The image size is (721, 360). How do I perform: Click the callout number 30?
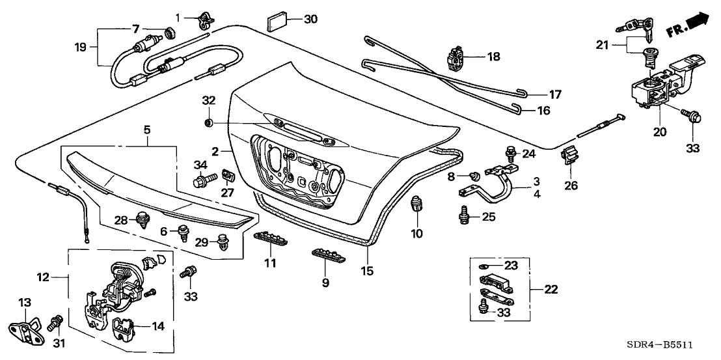click(x=310, y=19)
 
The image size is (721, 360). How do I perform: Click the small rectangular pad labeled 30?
click(x=277, y=21)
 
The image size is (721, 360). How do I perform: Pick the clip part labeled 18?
click(x=457, y=57)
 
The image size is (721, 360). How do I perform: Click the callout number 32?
click(x=208, y=101)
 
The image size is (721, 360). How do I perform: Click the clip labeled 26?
click(x=569, y=157)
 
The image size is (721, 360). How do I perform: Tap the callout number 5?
click(x=147, y=130)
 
